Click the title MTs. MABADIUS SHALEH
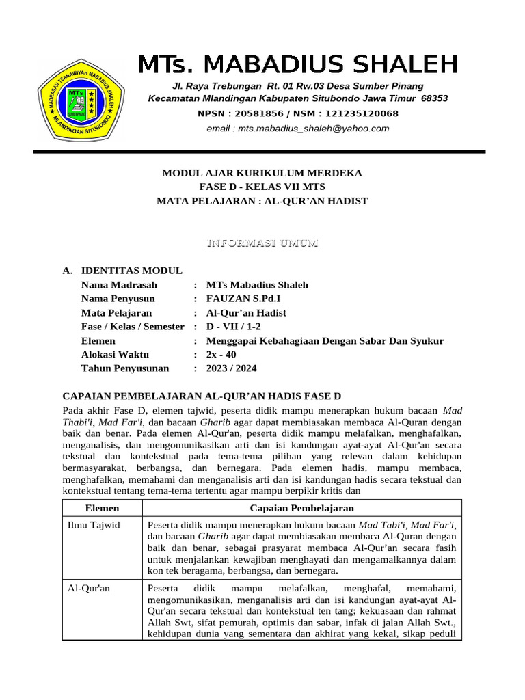(x=297, y=64)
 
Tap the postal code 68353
(x=434, y=98)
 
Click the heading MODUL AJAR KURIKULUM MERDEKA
(x=262, y=173)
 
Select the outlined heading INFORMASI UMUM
(x=262, y=244)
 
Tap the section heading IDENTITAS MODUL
(x=131, y=271)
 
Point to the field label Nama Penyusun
(x=118, y=299)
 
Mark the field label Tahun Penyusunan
(x=124, y=368)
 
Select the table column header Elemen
(x=102, y=508)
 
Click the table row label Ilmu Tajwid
(x=93, y=525)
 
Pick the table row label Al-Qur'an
(x=88, y=588)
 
